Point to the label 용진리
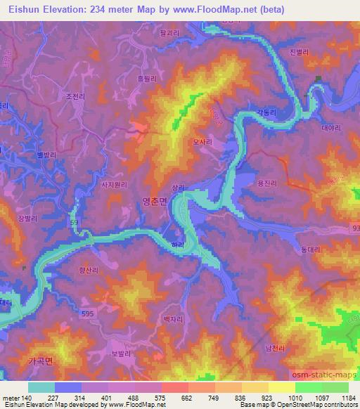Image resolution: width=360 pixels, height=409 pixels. [x=268, y=183]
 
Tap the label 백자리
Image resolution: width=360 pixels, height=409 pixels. [x=172, y=318]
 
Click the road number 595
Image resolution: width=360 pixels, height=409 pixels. [x=87, y=314]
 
